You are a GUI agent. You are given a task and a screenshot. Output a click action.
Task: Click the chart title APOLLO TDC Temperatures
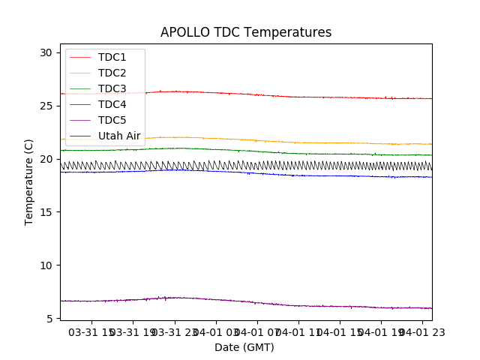(246, 33)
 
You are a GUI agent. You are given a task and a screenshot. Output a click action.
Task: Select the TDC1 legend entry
(112, 57)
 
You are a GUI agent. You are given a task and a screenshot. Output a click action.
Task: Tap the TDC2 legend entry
(112, 73)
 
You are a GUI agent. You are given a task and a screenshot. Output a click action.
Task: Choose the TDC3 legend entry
(112, 88)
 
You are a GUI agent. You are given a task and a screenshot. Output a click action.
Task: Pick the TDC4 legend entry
(112, 104)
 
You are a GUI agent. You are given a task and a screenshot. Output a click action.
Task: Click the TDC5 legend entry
(112, 120)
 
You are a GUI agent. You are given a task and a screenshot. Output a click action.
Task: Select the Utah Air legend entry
(119, 136)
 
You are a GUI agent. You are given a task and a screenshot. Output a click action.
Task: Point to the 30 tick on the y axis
(46, 52)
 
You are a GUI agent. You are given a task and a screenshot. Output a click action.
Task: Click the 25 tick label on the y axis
(46, 106)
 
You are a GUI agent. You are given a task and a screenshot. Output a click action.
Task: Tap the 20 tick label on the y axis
(46, 159)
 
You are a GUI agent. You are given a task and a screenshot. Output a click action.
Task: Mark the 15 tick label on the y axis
(46, 212)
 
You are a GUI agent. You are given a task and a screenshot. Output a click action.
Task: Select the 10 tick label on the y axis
(46, 265)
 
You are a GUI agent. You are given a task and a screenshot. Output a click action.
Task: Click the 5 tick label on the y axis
(49, 319)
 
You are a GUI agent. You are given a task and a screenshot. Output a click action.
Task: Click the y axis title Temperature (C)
(29, 182)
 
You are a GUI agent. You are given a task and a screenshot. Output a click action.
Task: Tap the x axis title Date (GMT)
(244, 347)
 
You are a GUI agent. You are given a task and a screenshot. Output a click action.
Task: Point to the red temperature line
(300, 97)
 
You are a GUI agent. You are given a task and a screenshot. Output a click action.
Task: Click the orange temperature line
(300, 142)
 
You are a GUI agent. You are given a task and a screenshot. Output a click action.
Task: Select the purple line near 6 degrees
(300, 305)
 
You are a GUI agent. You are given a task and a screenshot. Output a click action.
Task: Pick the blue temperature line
(300, 175)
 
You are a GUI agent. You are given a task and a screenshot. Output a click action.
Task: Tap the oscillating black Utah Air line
(300, 165)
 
